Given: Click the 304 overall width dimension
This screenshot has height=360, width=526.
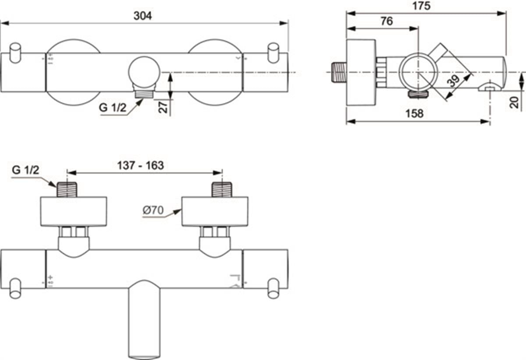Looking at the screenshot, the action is pos(142,16).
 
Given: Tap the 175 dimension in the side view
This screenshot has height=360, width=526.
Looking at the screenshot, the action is pos(422,6).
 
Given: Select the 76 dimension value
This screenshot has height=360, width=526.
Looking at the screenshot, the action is pos(387,21).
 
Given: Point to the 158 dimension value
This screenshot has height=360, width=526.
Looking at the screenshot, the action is pos(415,113).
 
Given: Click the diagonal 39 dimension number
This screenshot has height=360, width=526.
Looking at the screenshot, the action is pos(454,81).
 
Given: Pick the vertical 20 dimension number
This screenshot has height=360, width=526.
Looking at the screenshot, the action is pos(514,102).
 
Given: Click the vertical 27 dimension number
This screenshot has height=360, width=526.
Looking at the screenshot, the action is pos(163,107).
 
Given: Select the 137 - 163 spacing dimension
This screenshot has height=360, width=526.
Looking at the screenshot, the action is pos(140,166).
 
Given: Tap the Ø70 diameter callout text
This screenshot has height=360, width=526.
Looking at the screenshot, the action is pos(153,210).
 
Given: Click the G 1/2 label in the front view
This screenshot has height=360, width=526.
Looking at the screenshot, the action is pos(113,108).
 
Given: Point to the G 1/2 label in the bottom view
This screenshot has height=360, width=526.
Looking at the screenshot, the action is pos(25,170).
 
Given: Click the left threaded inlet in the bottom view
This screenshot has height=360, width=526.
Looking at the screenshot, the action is pos(67,189).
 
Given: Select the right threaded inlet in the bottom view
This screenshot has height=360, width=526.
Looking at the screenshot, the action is pos(222,189).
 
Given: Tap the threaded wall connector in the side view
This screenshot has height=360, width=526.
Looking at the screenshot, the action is pos(339,72).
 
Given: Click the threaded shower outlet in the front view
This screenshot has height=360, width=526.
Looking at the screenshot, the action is pos(144,94).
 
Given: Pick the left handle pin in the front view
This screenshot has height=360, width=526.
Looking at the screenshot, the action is pos(15,53).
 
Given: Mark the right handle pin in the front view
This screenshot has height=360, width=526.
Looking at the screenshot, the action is pos(274,53).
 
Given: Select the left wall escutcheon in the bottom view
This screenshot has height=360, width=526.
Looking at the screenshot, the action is pos(74,212).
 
